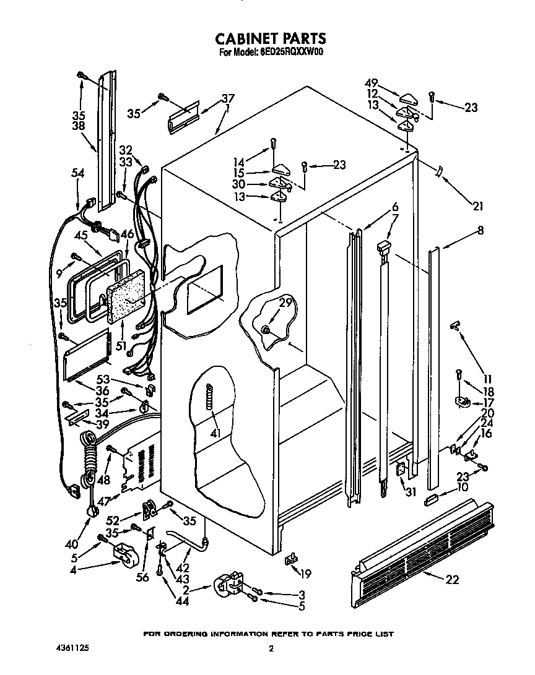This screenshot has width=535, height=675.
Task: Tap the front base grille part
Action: click(421, 551)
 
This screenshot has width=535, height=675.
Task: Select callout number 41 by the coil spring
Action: click(215, 433)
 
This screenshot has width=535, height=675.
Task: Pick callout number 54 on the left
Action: click(77, 174)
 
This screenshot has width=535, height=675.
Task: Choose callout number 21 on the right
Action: click(478, 205)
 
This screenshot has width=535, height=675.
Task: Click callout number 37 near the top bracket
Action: click(228, 98)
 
